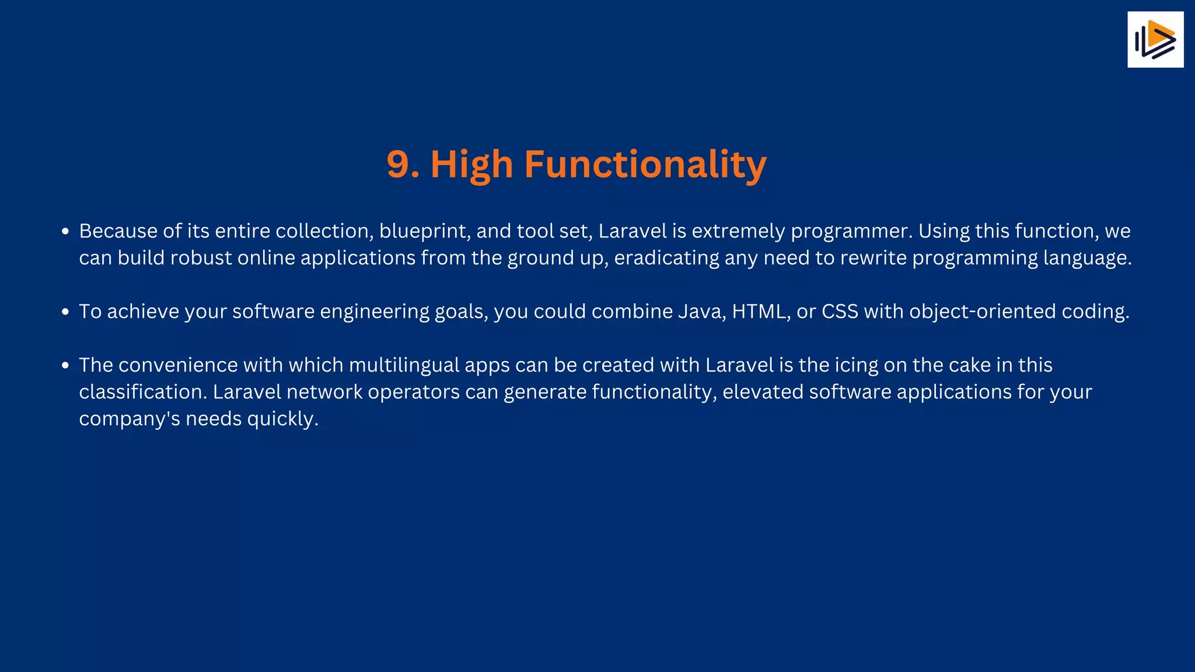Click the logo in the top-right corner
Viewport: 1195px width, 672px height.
[1155, 40]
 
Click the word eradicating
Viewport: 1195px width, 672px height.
[666, 258]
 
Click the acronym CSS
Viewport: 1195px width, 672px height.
[840, 311]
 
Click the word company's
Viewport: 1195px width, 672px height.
[130, 419]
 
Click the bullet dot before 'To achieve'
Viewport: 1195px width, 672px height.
[65, 312]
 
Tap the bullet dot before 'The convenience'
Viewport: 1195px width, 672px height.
[65, 366]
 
